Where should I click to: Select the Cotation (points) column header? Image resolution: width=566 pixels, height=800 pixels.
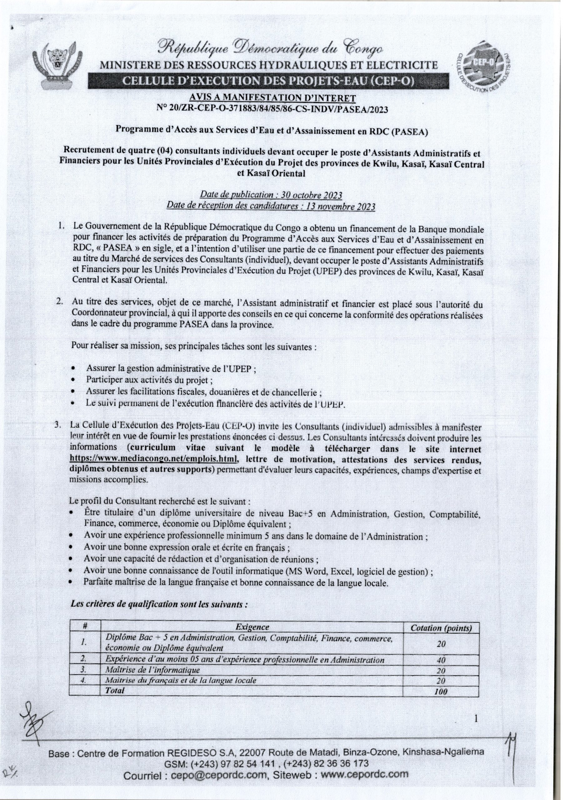coord(441,628)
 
